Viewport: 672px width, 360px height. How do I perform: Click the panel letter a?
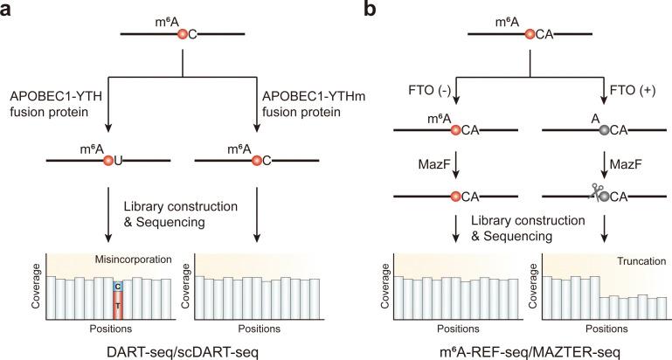pos(8,9)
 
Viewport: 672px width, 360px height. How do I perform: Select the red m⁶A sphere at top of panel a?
pos(183,35)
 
